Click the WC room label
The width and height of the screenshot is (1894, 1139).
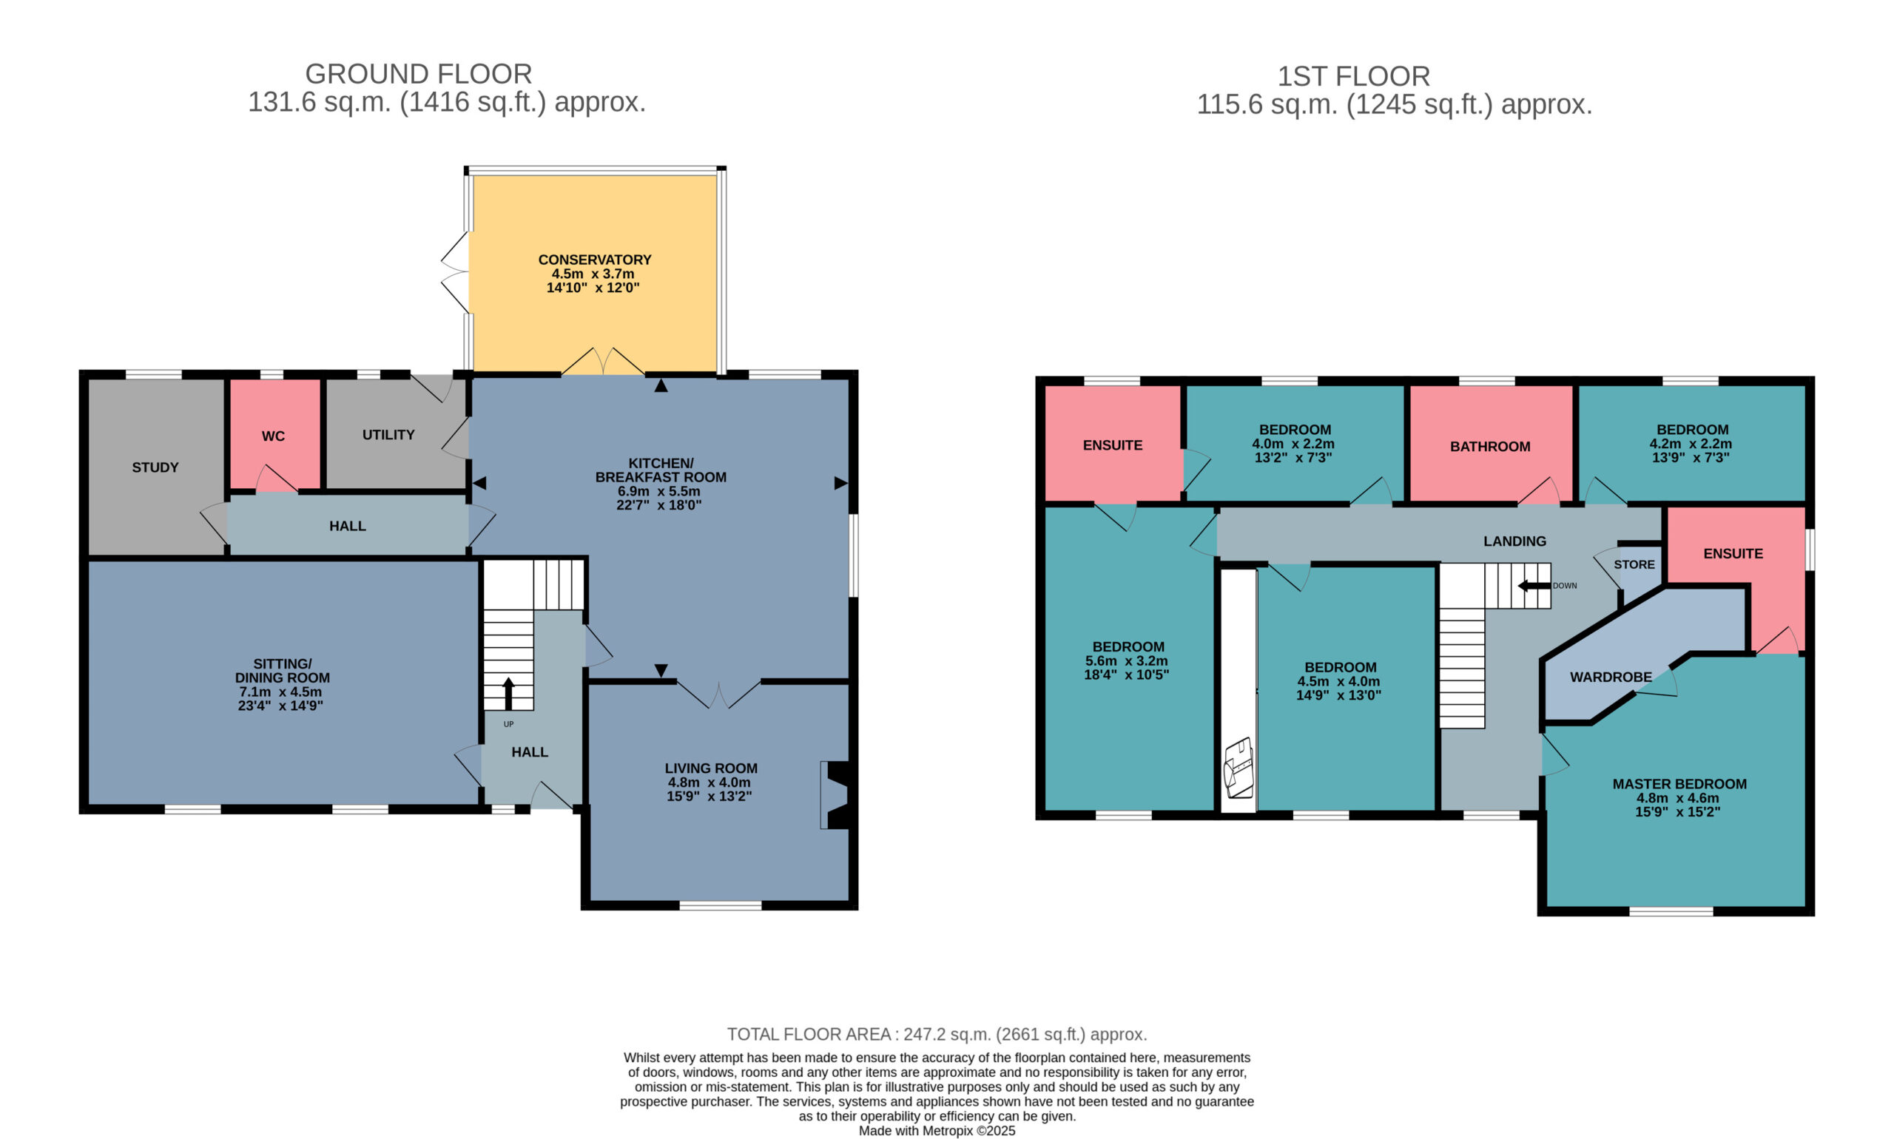[x=273, y=436]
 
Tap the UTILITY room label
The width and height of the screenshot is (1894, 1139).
[x=388, y=434]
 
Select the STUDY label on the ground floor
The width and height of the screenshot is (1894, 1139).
[x=155, y=467]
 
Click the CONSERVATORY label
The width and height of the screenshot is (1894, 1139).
[x=594, y=260]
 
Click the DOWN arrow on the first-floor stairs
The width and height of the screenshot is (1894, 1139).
[x=1534, y=586]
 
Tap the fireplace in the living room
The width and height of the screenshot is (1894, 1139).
[x=835, y=794]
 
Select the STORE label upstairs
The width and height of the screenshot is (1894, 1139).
[x=1634, y=564]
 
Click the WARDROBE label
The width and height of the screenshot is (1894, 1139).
[x=1611, y=677]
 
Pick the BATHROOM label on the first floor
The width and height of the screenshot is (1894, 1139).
[x=1489, y=446]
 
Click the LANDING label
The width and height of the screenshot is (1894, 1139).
[x=1514, y=541]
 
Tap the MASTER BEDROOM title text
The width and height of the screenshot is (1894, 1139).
[x=1679, y=784]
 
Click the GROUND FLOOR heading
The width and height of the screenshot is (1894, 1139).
[x=419, y=74]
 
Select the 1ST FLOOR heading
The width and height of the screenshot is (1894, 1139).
[x=1353, y=76]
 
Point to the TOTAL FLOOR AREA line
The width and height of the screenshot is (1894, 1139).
[x=937, y=1034]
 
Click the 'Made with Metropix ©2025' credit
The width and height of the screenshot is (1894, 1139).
[x=937, y=1131]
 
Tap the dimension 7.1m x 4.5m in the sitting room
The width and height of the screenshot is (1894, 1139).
[x=280, y=692]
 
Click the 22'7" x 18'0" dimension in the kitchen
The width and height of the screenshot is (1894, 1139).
[x=658, y=504]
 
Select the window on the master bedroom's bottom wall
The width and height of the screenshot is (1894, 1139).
[x=1671, y=911]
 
